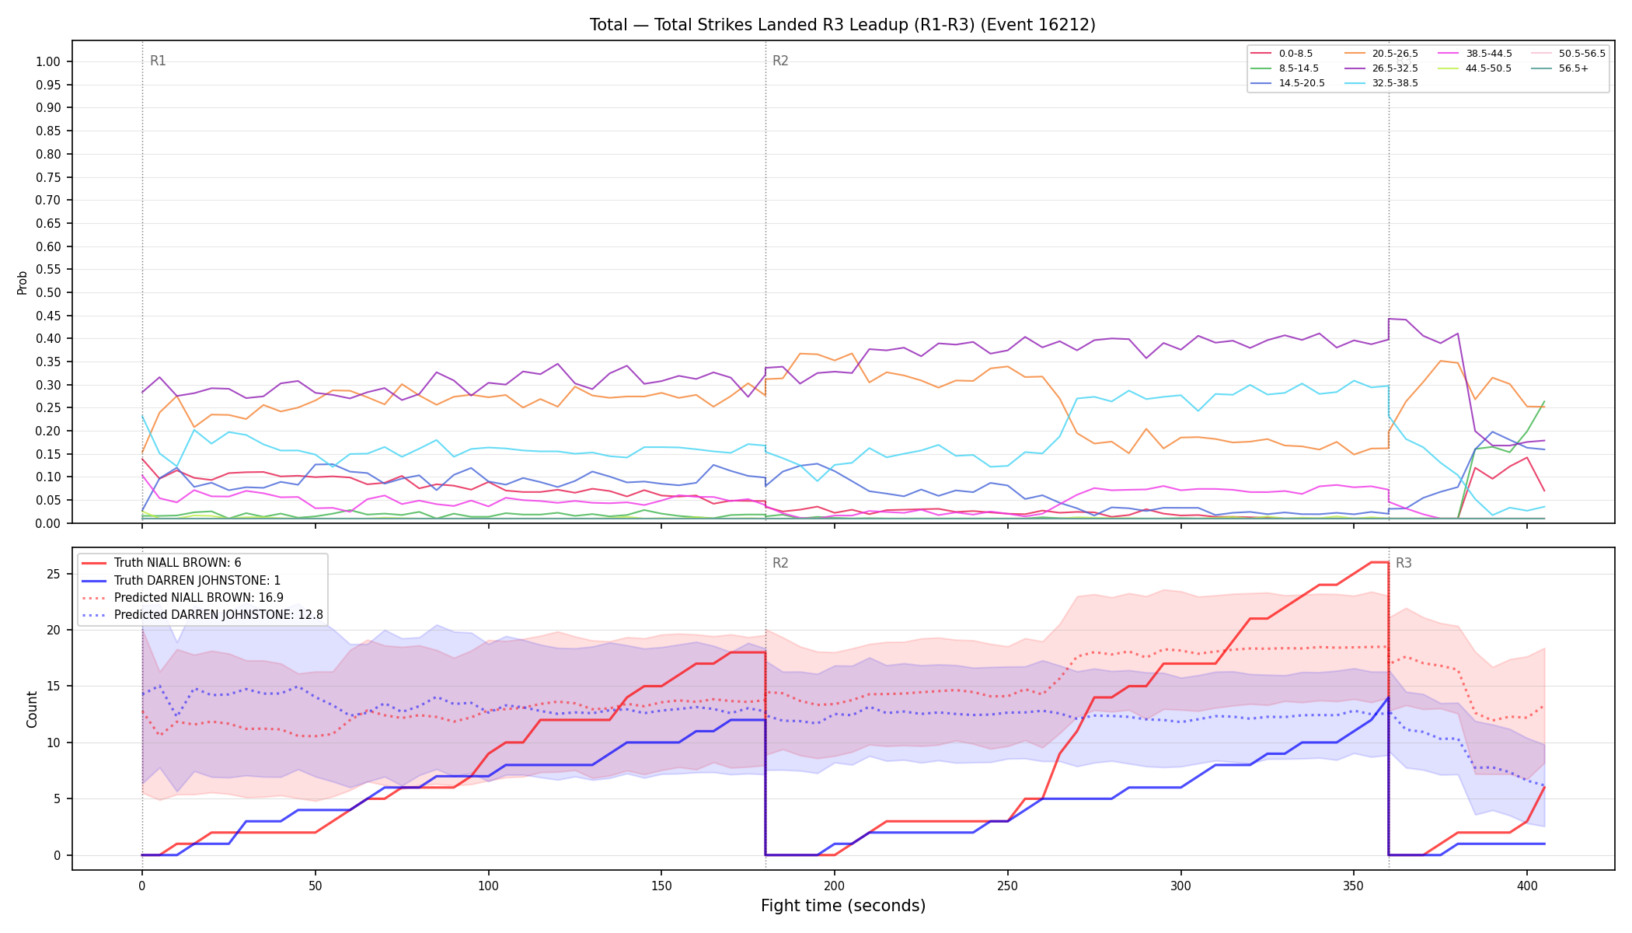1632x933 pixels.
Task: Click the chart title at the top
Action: coord(842,25)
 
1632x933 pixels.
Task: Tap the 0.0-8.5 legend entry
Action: coord(1282,54)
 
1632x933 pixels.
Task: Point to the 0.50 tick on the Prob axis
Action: coord(48,293)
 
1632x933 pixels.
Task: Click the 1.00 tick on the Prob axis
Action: coord(48,62)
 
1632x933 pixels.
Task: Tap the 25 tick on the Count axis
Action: coord(54,574)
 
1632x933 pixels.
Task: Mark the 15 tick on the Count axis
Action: coord(54,687)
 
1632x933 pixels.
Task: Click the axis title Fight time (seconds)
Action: coord(843,906)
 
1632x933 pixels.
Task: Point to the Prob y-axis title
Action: coord(23,282)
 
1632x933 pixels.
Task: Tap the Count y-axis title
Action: coord(32,709)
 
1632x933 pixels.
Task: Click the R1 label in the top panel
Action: coord(158,61)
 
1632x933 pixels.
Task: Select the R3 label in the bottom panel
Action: coord(1404,563)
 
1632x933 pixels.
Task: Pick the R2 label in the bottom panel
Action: coord(780,563)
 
